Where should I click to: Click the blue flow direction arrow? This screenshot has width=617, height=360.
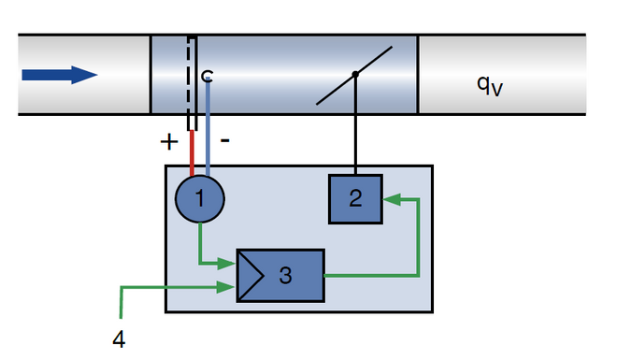point(59,75)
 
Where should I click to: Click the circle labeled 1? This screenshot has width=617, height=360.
point(199,198)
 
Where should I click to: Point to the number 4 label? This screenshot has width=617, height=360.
point(118,338)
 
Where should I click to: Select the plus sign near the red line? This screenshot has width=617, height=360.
point(168,142)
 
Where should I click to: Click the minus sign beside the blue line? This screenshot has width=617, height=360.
point(225,140)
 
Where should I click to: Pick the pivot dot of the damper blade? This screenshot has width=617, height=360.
point(354,75)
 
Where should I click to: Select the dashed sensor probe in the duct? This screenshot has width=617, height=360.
point(191,79)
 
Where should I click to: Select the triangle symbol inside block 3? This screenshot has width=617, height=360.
point(251,275)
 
